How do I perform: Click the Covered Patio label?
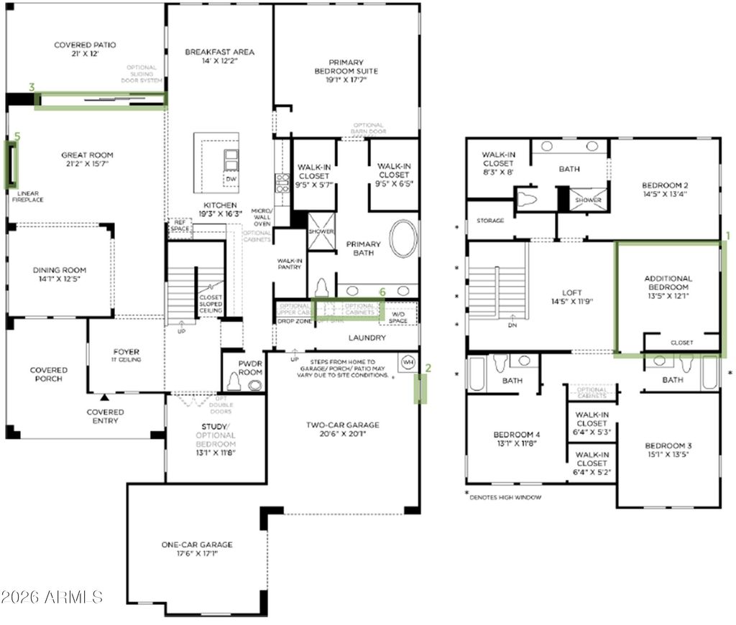click(85, 45)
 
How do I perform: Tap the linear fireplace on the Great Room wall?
click(11, 163)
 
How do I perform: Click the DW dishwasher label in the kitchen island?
click(231, 179)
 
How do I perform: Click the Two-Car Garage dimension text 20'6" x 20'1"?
click(342, 434)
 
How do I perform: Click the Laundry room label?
click(367, 337)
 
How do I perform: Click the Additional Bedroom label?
click(668, 282)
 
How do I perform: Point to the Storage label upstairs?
click(490, 221)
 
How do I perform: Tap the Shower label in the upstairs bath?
click(588, 200)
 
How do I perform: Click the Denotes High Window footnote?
click(503, 497)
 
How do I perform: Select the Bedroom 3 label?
click(668, 445)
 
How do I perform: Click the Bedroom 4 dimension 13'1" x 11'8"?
click(517, 443)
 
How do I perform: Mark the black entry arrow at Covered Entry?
click(106, 397)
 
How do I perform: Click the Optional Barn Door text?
click(367, 129)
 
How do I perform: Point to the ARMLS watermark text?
click(52, 596)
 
